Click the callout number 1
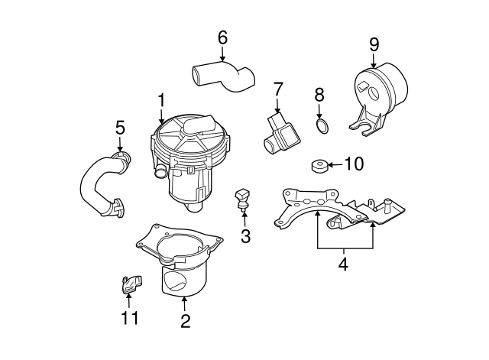tap(161, 99)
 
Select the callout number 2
tap(185, 320)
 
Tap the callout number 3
tap(244, 236)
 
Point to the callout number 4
tap(343, 264)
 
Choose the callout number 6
tap(222, 37)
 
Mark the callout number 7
tap(277, 89)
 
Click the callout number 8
tap(319, 95)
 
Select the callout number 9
tap(374, 44)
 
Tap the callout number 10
tap(354, 164)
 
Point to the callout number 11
tap(130, 316)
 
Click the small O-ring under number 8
tap(323, 126)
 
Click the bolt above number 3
tap(242, 198)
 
